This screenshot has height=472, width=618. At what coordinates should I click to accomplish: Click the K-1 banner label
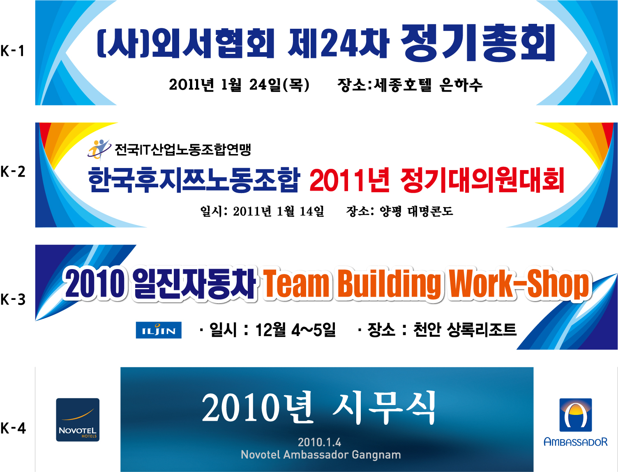pyautogui.click(x=12, y=51)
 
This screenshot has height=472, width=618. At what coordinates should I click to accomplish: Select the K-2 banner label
pyautogui.click(x=13, y=171)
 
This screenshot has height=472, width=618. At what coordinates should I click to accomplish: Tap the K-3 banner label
pyautogui.click(x=13, y=299)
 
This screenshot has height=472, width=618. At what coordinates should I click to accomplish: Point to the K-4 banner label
pyautogui.click(x=13, y=428)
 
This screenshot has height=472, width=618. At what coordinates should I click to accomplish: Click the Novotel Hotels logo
pyautogui.click(x=78, y=420)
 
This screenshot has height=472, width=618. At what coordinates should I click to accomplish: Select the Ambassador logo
pyautogui.click(x=576, y=422)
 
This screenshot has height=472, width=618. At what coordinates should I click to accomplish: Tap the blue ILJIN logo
pyautogui.click(x=159, y=330)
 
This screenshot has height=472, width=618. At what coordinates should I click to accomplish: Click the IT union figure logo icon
pyautogui.click(x=99, y=149)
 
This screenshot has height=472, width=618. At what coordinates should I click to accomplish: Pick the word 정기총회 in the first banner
pyautogui.click(x=478, y=43)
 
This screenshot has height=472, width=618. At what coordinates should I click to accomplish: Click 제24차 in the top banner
pyautogui.click(x=339, y=44)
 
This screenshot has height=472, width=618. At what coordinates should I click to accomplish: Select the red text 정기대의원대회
pyautogui.click(x=482, y=180)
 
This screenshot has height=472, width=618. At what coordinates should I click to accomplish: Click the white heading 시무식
pyautogui.click(x=384, y=407)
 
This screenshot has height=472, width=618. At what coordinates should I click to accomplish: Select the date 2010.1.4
pyautogui.click(x=320, y=442)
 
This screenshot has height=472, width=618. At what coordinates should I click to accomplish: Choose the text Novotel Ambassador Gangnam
pyautogui.click(x=321, y=455)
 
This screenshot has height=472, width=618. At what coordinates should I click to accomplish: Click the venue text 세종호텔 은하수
pyautogui.click(x=428, y=85)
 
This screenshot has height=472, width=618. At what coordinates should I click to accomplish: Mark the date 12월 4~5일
pyautogui.click(x=295, y=329)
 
